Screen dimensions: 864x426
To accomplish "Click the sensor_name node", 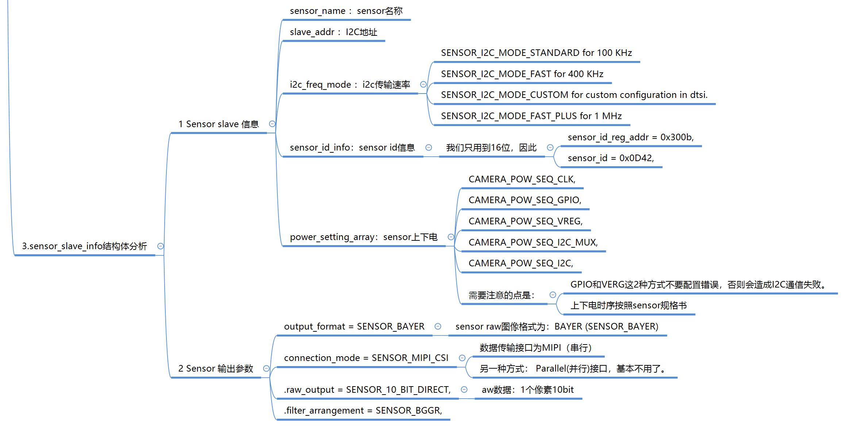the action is (346, 11).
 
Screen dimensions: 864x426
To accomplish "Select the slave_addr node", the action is (333, 32).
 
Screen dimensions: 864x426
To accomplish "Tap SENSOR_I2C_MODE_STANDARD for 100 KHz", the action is (536, 53).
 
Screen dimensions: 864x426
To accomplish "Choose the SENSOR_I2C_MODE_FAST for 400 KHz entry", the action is (522, 74).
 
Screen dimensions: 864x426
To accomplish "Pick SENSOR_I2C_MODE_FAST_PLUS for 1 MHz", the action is (531, 116).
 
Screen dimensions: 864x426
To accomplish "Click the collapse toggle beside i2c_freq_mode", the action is (423, 84).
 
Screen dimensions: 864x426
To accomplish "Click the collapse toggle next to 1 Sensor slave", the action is (272, 124).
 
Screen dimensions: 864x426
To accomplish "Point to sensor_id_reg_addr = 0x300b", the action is (630, 137).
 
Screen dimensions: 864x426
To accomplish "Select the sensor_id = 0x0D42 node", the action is (611, 158).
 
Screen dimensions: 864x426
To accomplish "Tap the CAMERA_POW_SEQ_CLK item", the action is (522, 179).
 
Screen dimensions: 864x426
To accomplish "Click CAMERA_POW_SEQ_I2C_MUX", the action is (533, 243).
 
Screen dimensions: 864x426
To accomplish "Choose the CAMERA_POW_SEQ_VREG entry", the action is (525, 221).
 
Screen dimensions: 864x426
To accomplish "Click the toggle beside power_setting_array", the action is (451, 237).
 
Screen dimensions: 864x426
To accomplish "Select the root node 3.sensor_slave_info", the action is (84, 246).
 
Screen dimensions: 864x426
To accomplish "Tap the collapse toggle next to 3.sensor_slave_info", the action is (160, 246).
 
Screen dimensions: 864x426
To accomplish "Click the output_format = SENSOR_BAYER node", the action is (354, 327).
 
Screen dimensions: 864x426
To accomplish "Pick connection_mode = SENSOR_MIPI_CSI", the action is (366, 358).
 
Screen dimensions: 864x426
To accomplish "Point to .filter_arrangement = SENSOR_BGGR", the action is (363, 411).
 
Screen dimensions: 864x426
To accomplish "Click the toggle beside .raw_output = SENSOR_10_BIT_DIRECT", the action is (464, 389).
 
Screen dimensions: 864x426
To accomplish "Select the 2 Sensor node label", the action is (215, 369).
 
